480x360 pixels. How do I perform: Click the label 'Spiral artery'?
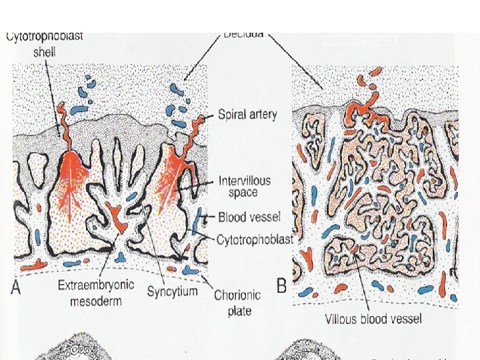click(247, 114)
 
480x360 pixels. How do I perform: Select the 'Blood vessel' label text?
click(249, 217)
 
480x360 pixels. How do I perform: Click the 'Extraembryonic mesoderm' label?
click(95, 291)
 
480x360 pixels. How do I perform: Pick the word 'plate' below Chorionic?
click(237, 309)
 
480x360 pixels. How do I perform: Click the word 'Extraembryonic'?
click(95, 285)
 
